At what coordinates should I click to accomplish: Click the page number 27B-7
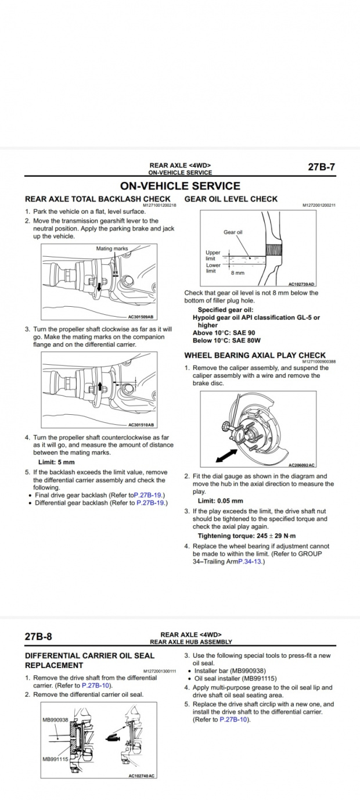(x=321, y=167)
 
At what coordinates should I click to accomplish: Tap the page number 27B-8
(x=38, y=636)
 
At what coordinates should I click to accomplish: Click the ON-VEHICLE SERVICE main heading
(x=179, y=186)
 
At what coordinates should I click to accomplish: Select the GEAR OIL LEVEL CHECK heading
(x=231, y=199)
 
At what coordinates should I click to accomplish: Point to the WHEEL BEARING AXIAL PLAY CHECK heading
(x=255, y=355)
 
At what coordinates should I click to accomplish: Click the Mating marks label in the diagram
(x=112, y=249)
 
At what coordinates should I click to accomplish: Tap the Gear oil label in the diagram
(x=233, y=232)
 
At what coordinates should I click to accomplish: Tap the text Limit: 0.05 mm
(x=221, y=501)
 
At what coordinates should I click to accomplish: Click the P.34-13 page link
(x=250, y=562)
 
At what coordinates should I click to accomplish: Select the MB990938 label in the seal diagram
(x=55, y=720)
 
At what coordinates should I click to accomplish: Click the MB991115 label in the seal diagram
(x=55, y=759)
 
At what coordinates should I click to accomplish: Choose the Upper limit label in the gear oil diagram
(x=214, y=256)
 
